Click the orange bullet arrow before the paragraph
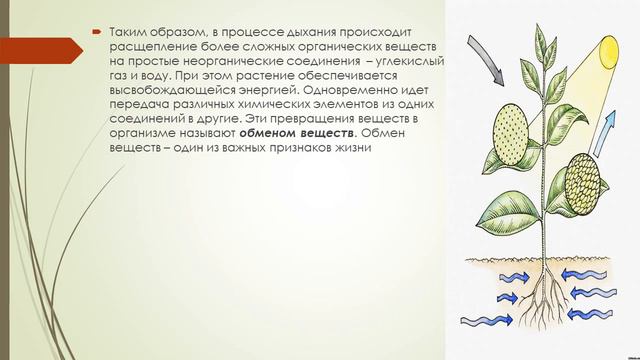[x=97, y=32]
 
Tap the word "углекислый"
[x=410, y=62]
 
